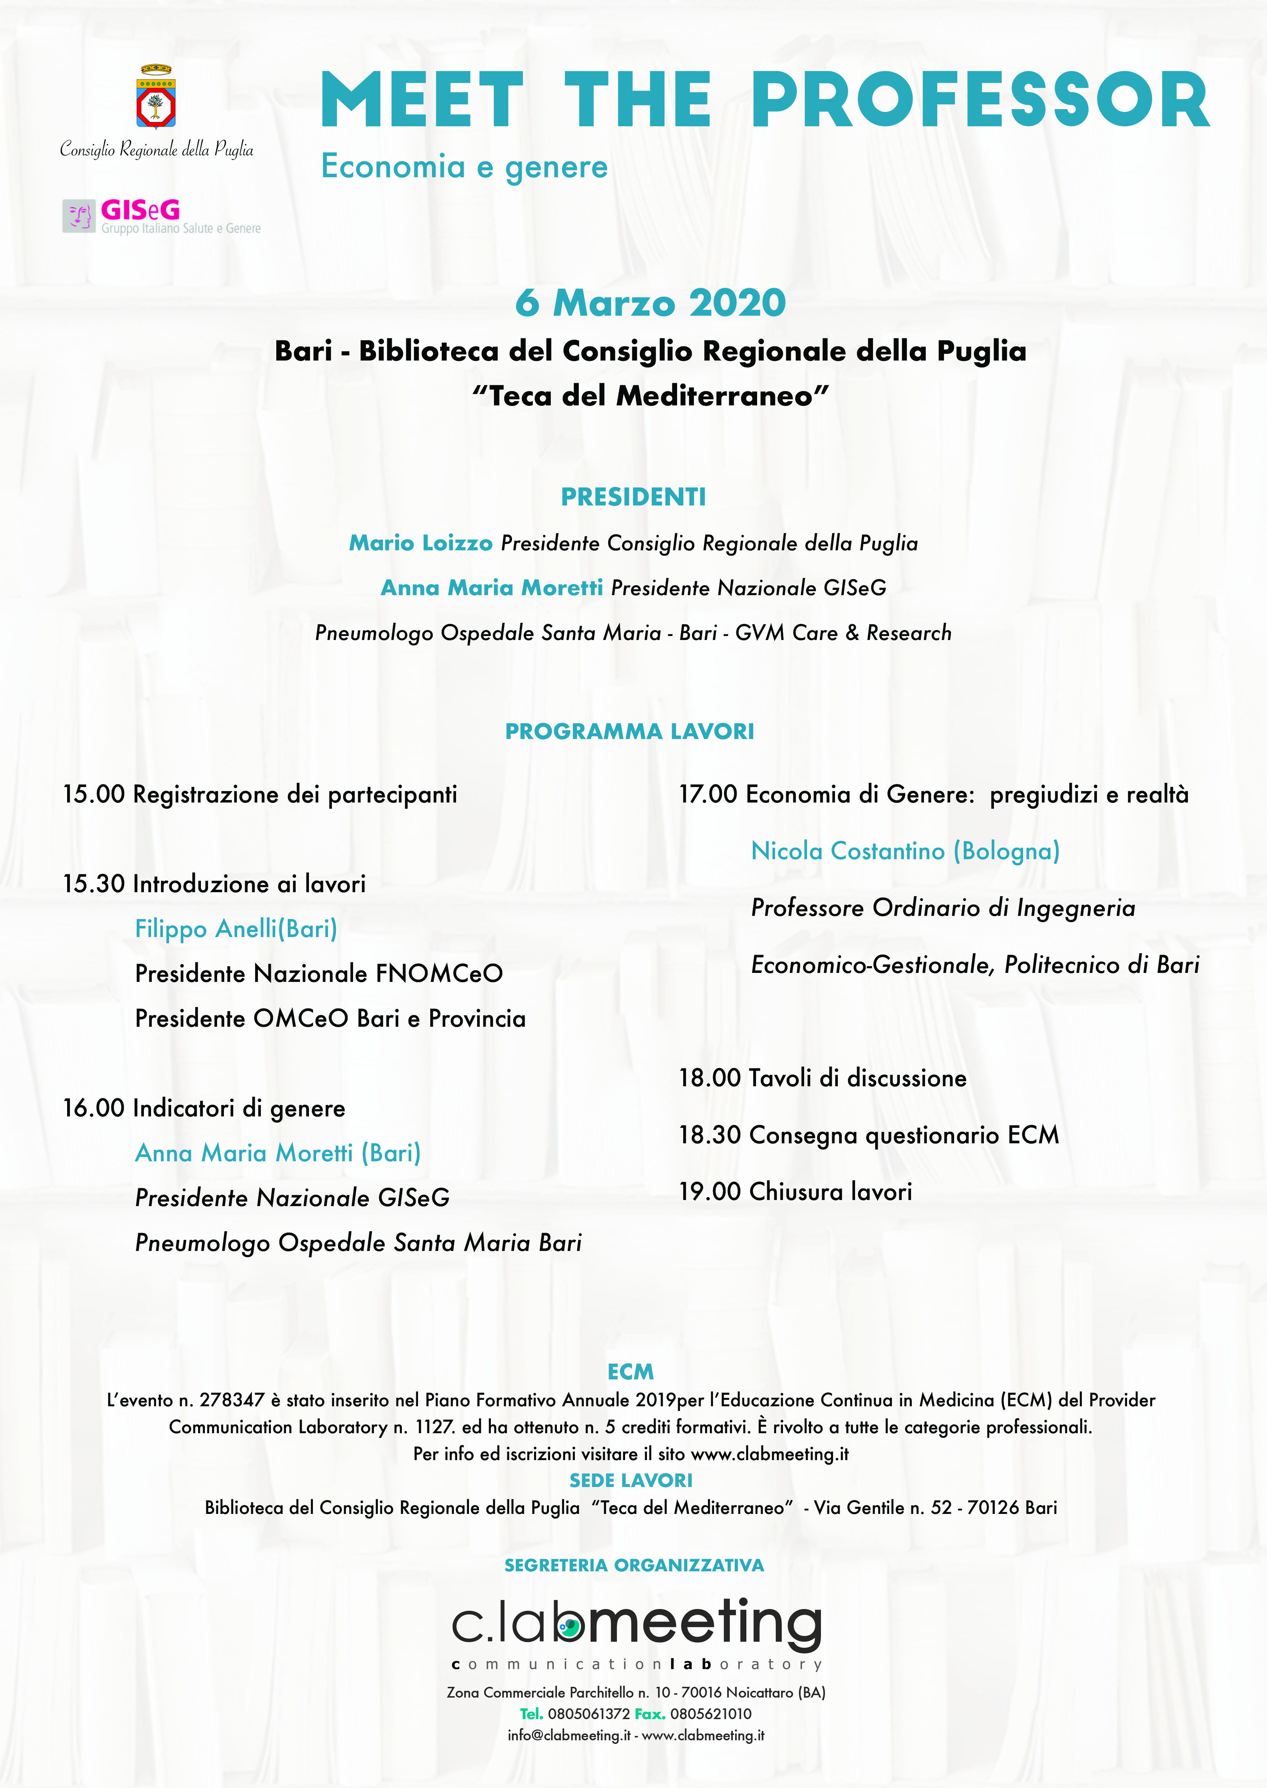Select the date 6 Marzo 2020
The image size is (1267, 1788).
[650, 303]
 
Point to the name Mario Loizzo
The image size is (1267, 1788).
[421, 543]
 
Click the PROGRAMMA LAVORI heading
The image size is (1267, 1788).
[630, 732]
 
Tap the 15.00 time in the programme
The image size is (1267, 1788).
[94, 795]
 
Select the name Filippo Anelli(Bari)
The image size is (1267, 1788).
[236, 929]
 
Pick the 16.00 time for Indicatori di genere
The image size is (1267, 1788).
[94, 1109]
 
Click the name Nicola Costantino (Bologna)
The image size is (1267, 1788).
[905, 851]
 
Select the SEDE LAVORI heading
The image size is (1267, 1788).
[630, 1481]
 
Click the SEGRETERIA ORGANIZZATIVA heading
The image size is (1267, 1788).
[634, 1566]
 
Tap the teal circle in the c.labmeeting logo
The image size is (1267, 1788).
[570, 1627]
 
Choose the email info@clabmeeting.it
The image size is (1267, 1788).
[569, 1736]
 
